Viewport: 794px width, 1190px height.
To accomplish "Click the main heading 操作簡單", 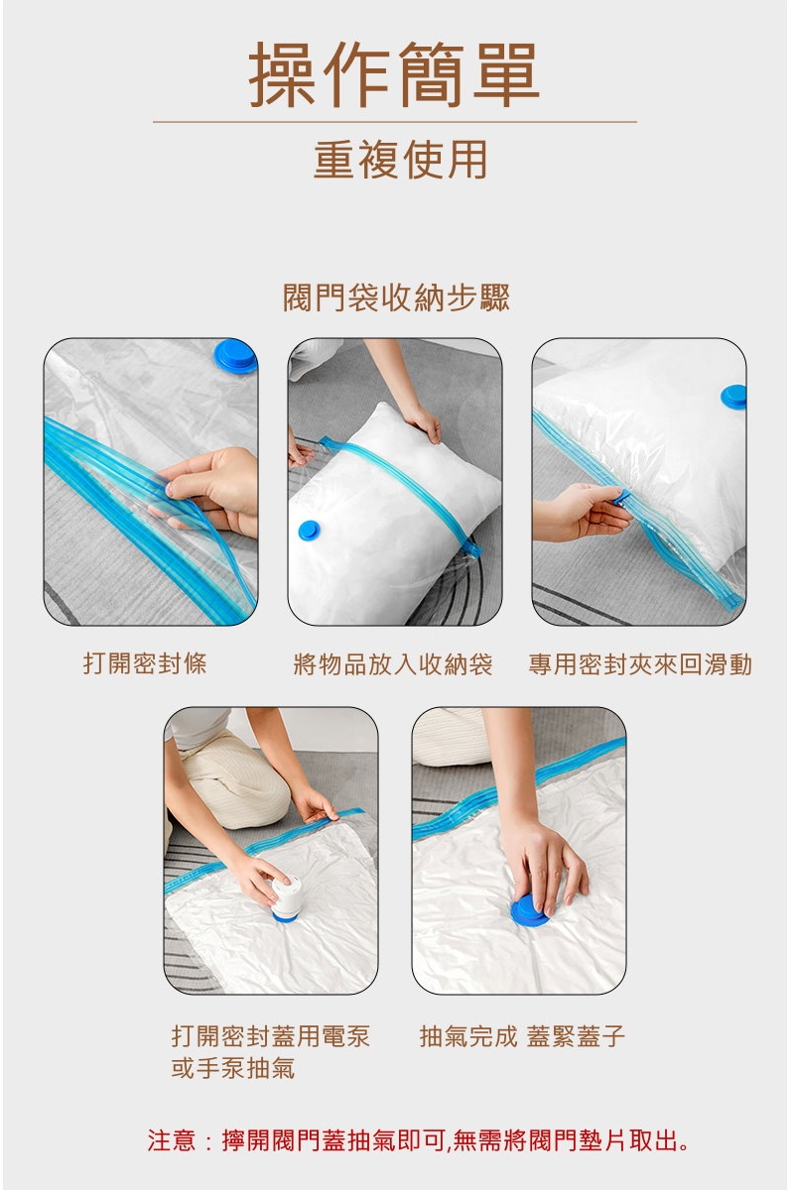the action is (x=394, y=74).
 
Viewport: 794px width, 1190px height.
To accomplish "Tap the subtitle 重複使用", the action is (x=400, y=160).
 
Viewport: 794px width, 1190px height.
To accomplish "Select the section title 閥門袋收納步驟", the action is (x=396, y=297).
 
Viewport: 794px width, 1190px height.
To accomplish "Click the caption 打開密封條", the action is (x=145, y=663).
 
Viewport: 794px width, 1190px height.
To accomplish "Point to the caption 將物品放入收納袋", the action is (x=393, y=664).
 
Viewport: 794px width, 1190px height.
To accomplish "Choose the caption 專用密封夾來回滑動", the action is (x=640, y=664).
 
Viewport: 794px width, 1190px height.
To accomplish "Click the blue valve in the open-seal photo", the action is (x=235, y=356).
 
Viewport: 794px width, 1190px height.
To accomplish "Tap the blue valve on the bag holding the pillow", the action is (x=309, y=531).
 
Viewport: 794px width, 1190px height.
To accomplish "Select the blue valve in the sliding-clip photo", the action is (x=733, y=398).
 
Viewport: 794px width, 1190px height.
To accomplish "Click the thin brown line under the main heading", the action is (x=395, y=122).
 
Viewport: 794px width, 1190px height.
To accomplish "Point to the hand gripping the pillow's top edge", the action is (x=423, y=422).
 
